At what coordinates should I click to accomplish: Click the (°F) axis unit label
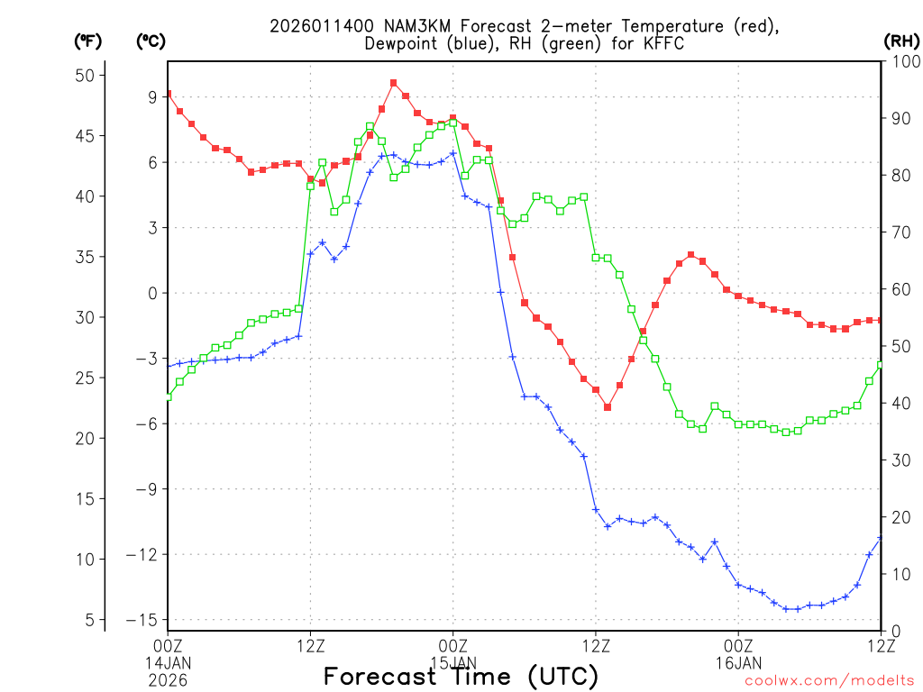coord(87,41)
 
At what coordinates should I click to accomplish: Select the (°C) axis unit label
coord(151,41)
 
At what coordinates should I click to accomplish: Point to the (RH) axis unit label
coord(900,41)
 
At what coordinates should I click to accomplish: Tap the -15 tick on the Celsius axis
coord(142,620)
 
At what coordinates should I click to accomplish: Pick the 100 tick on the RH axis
coord(901,61)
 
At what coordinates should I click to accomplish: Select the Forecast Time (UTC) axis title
coord(461,677)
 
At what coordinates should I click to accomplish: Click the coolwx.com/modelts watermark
coord(829,681)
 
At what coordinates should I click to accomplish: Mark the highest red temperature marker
coord(394,83)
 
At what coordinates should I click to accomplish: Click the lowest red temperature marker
coord(608,407)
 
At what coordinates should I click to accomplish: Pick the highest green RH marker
coord(452,122)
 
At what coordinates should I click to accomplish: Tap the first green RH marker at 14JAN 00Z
coord(168,396)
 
